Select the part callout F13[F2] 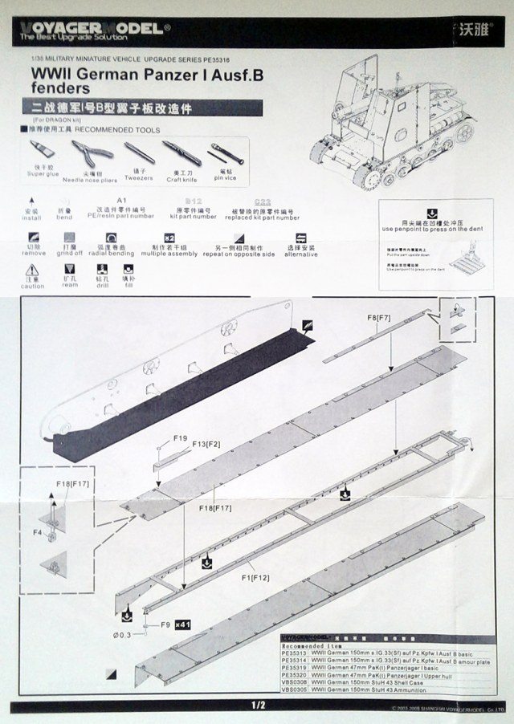pos(206,442)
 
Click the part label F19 pos(180,438)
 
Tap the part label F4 pos(36,531)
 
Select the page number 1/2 pos(257,706)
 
